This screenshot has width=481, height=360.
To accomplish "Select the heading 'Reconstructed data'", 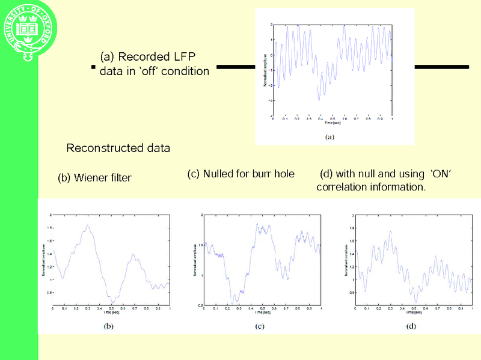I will coord(118,148).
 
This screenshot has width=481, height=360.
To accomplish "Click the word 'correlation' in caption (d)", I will coord(343,187).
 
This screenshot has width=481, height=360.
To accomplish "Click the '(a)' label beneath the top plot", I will coord(329,136).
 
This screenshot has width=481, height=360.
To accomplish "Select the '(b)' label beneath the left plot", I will coord(109,326).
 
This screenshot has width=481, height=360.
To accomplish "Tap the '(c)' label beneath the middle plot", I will coord(260,326).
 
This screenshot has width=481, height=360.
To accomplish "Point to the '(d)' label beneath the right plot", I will coord(411,326).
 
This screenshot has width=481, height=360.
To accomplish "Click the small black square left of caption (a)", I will coord(93,67).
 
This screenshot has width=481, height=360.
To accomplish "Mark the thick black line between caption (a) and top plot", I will coord(236,66).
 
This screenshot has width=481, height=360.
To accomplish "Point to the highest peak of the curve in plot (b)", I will coord(88,225).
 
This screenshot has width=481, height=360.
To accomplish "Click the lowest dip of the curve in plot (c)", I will coord(237,299).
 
